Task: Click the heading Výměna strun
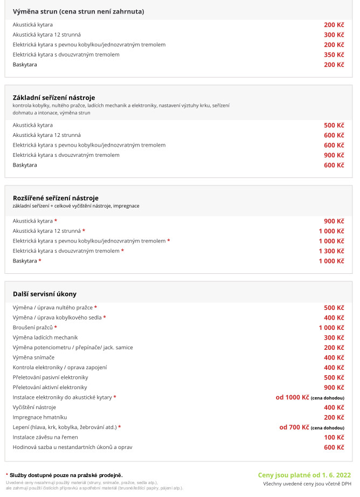[x=78, y=11]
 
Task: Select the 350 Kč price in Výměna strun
[x=334, y=54]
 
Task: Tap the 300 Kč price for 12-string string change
[x=334, y=34]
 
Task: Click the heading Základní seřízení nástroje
[x=54, y=98]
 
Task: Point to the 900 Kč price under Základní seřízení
[x=334, y=155]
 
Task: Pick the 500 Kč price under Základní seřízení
[x=334, y=125]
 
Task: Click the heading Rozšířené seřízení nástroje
[x=56, y=198]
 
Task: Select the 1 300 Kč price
[x=331, y=251]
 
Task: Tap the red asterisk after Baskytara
[x=40, y=261]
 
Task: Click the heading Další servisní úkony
[x=45, y=294]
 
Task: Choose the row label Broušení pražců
[x=32, y=328]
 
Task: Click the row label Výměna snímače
[x=33, y=357]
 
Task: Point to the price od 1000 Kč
[x=293, y=397]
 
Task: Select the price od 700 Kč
[x=294, y=427]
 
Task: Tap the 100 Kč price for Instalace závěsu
[x=334, y=437]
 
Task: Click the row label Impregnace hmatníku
[x=39, y=417]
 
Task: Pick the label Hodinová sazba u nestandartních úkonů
[x=72, y=447]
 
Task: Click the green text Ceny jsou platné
[x=304, y=475]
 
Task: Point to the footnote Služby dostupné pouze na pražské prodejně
[x=66, y=475]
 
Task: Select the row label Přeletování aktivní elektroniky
[x=50, y=388]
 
